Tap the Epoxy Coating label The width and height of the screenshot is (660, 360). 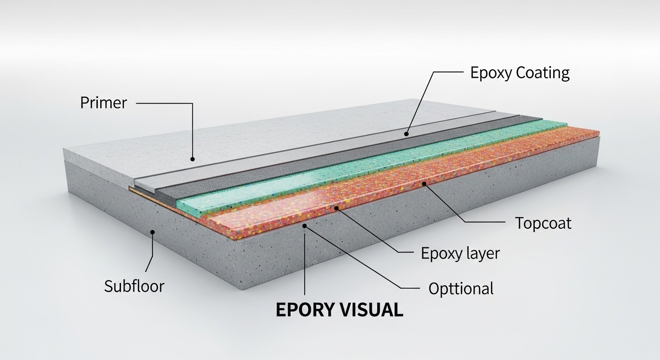520,73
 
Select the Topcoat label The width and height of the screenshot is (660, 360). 543,223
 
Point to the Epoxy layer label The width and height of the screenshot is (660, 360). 460,253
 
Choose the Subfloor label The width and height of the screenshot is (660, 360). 134,286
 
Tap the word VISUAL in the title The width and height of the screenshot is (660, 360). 372,310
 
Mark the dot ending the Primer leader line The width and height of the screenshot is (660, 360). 192,159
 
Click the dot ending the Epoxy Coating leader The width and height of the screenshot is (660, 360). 406,134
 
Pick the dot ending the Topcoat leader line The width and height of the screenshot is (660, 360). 424,184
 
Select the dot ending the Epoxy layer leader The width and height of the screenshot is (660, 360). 337,208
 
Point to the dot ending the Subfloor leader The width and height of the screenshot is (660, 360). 153,232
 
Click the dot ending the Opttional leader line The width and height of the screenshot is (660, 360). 305,226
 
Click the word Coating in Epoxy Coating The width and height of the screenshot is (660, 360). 543,73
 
